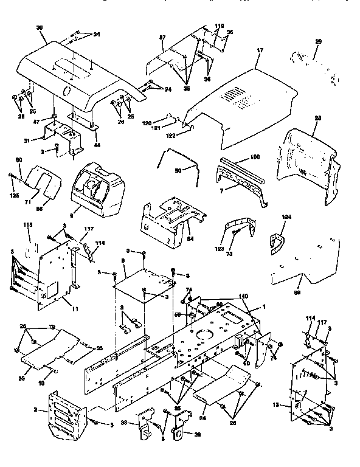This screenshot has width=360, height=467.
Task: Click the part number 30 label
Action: click(x=40, y=28)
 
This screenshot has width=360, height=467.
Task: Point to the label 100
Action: click(x=254, y=157)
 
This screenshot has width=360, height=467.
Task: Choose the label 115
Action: click(x=27, y=225)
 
